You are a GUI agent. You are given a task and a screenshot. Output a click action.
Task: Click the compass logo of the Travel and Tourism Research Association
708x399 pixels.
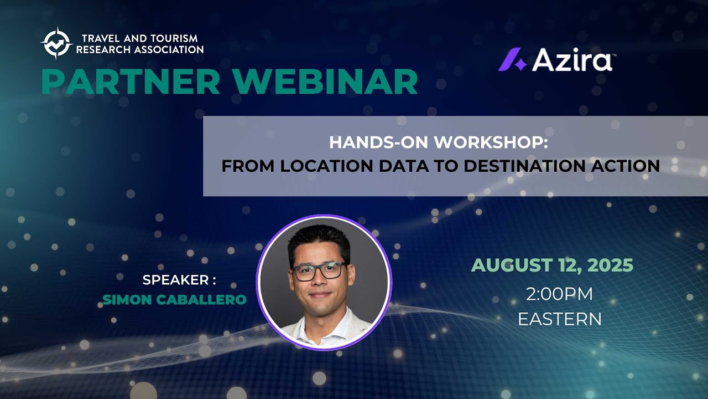pos(56,43)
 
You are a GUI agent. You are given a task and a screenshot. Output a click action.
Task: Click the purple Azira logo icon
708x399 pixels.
pos(512,60)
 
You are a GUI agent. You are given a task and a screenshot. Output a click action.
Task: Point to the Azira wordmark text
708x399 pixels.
pos(572,60)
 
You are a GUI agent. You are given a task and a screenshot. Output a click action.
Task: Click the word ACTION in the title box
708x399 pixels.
pos(628,166)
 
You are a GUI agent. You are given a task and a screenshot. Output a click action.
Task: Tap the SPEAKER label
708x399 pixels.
pos(175,280)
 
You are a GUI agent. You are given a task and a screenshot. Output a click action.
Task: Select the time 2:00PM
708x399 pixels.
pos(559,294)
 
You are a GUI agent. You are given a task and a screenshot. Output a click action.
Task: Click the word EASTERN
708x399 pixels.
pos(559,319)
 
